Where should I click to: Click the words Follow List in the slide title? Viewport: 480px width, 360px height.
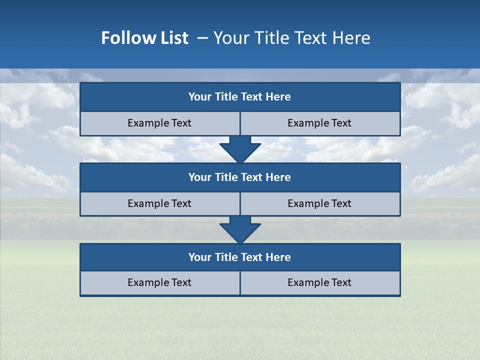[144, 38]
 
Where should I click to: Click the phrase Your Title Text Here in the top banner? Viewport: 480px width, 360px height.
[291, 38]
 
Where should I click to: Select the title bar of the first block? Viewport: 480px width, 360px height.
[240, 97]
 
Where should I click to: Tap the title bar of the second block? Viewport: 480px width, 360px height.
[240, 177]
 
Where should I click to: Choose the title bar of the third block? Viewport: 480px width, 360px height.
[240, 257]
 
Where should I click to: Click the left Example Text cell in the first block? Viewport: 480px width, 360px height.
[160, 123]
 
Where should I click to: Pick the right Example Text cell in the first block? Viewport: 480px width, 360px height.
[320, 123]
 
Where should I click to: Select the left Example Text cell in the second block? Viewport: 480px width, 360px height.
[160, 203]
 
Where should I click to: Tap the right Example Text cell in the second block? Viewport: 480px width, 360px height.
[320, 203]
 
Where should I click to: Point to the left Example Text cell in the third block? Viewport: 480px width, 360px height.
[160, 282]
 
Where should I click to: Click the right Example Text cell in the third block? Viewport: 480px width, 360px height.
[320, 282]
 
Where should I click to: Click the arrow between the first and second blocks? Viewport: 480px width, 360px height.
[240, 149]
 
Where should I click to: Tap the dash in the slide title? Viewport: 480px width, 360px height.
[202, 38]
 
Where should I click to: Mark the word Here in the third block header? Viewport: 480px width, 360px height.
[278, 257]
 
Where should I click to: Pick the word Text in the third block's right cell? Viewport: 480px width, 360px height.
[341, 282]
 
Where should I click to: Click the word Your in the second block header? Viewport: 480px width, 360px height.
[200, 177]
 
